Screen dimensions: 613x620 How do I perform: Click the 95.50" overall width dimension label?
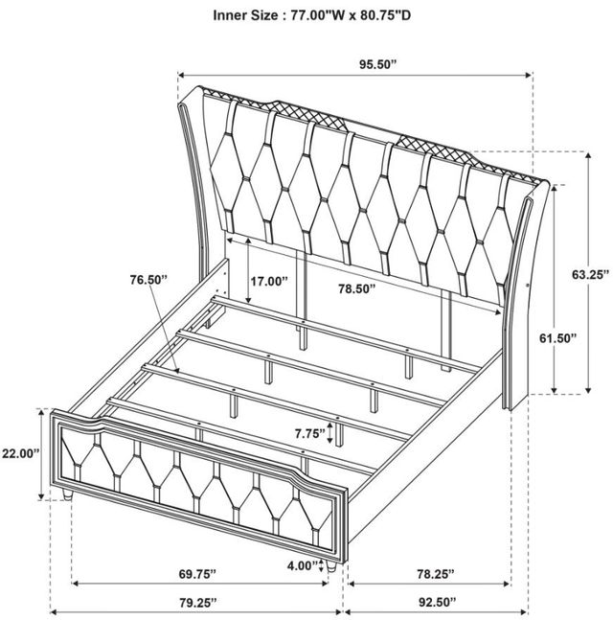[377, 64]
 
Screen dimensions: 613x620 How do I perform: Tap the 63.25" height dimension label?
[590, 274]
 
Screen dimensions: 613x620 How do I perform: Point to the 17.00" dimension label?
[269, 281]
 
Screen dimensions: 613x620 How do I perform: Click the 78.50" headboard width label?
[356, 288]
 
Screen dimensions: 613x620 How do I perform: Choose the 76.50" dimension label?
[149, 280]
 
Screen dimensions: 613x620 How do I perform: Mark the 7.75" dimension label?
[310, 434]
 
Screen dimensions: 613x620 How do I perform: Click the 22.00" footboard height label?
[20, 453]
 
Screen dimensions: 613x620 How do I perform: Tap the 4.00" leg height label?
[303, 565]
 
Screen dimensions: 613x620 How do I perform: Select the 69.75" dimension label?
[197, 574]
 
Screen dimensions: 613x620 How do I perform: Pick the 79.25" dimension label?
[198, 602]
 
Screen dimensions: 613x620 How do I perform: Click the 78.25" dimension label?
[436, 574]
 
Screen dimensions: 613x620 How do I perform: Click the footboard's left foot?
[68, 494]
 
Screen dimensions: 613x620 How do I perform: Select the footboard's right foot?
[331, 566]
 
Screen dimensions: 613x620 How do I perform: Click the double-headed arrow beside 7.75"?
[329, 433]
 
